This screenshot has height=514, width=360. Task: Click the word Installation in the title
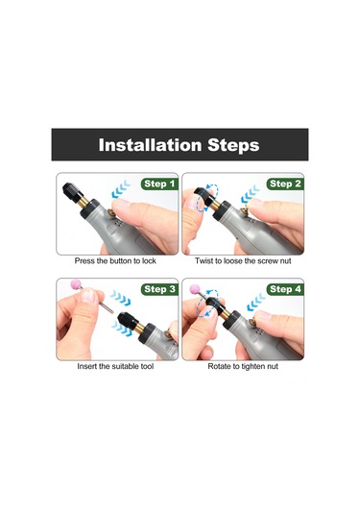pyautogui.click(x=150, y=145)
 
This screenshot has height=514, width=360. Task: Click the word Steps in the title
pyautogui.click(x=233, y=145)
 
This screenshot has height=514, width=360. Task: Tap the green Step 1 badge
pyautogui.click(x=159, y=184)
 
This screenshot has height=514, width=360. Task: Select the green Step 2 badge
pyautogui.click(x=285, y=184)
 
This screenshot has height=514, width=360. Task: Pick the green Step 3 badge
pyautogui.click(x=159, y=289)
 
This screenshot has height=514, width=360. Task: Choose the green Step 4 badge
pyautogui.click(x=285, y=289)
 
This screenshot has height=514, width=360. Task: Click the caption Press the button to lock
pyautogui.click(x=115, y=261)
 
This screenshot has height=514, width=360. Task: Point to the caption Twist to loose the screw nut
pyautogui.click(x=243, y=261)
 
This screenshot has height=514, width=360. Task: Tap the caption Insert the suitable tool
pyautogui.click(x=115, y=366)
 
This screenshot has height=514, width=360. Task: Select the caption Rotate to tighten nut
pyautogui.click(x=243, y=366)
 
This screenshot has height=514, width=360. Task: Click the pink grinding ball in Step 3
pyautogui.click(x=77, y=283)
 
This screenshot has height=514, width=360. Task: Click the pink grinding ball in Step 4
pyautogui.click(x=195, y=289)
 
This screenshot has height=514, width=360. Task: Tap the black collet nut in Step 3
pyautogui.click(x=128, y=319)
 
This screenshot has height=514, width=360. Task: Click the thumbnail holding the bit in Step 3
pyautogui.click(x=87, y=295)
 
